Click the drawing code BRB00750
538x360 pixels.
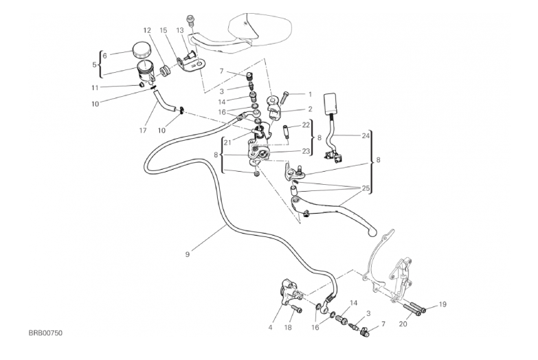pyautogui.click(x=45, y=333)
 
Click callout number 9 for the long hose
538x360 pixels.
pyautogui.click(x=188, y=254)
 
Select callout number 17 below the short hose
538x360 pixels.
pyautogui.click(x=143, y=131)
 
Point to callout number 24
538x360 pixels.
pyautogui.click(x=366, y=136)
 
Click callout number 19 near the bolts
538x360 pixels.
pyautogui.click(x=442, y=304)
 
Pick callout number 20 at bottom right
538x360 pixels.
pyautogui.click(x=403, y=324)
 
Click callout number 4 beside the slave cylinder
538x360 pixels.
pyautogui.click(x=270, y=328)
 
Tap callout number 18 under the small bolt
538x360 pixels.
pyautogui.click(x=288, y=328)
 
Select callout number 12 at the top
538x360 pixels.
pyautogui.click(x=147, y=30)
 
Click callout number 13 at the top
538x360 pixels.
pyautogui.click(x=180, y=30)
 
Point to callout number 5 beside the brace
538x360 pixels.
pyautogui.click(x=94, y=65)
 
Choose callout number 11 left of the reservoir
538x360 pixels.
pyautogui.click(x=95, y=88)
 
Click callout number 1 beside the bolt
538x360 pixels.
pyautogui.click(x=310, y=94)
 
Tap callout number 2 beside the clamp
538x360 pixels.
pyautogui.click(x=310, y=109)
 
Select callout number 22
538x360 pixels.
pyautogui.click(x=306, y=125)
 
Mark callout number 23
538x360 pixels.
pyautogui.click(x=306, y=151)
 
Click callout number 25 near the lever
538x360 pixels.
pyautogui.click(x=366, y=188)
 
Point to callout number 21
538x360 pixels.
pyautogui.click(x=227, y=142)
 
